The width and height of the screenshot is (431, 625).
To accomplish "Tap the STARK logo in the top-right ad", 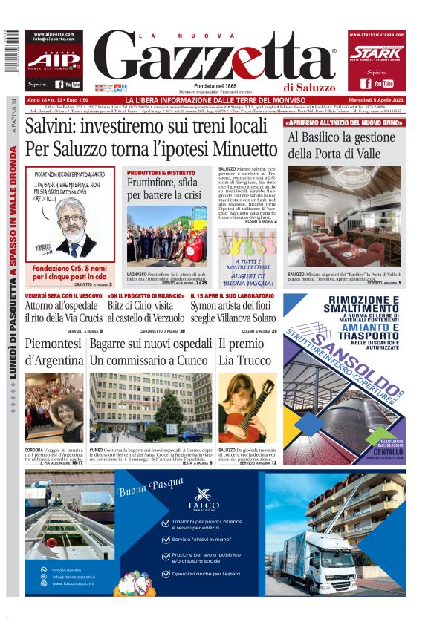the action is click(x=377, y=52).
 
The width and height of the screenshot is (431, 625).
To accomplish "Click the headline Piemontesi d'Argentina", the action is click(x=54, y=353).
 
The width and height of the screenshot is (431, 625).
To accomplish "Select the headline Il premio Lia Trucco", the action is click(x=242, y=353).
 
